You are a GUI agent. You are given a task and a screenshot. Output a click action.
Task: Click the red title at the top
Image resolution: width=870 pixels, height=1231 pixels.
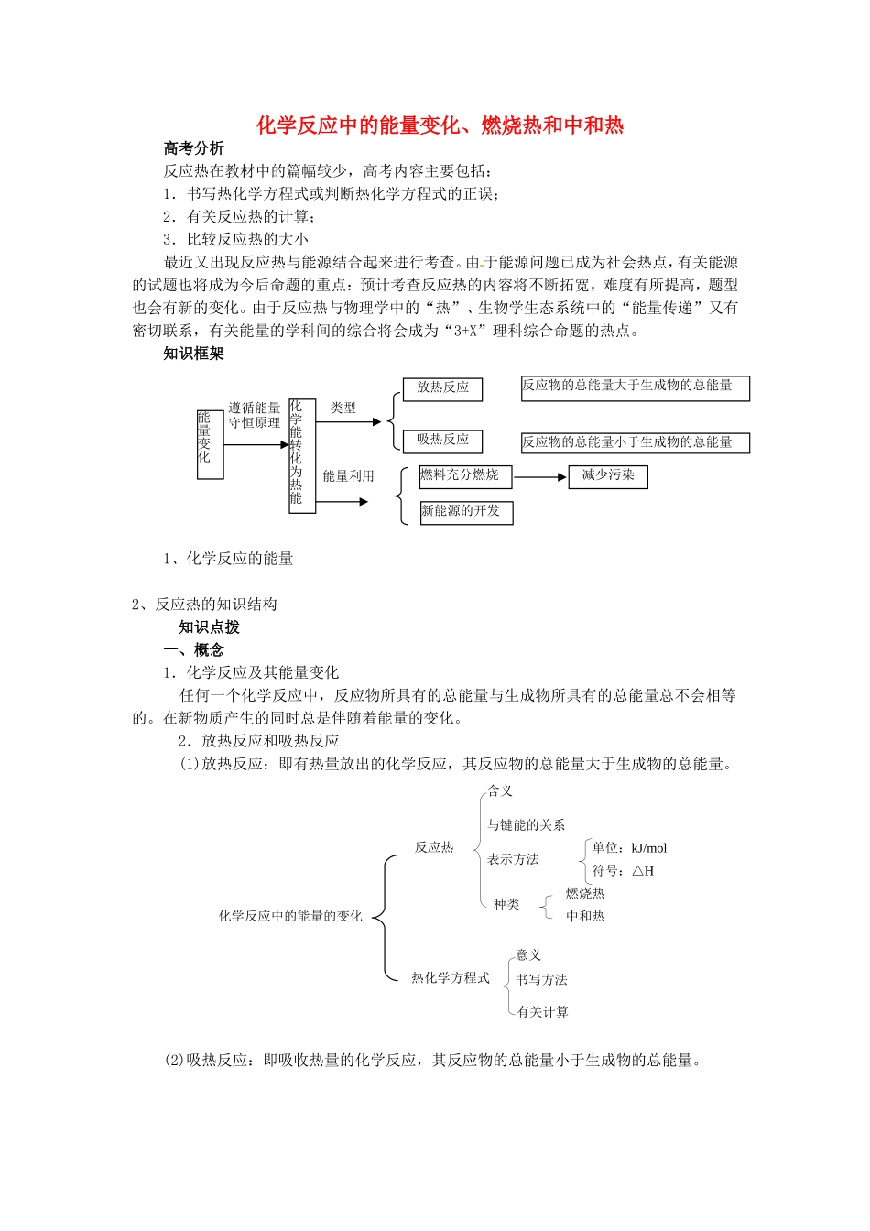[x=440, y=125]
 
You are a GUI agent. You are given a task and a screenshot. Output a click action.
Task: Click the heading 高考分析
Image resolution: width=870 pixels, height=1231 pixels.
[x=193, y=148]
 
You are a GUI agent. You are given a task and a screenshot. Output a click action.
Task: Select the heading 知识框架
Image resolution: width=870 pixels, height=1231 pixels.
[x=193, y=354]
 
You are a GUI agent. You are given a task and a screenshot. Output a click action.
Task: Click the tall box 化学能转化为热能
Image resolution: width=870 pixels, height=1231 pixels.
[x=301, y=455]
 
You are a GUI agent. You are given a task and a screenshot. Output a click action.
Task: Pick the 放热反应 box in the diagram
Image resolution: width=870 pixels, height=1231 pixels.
[x=442, y=388]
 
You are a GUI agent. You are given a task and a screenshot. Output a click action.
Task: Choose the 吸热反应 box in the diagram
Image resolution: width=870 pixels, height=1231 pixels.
[x=442, y=441]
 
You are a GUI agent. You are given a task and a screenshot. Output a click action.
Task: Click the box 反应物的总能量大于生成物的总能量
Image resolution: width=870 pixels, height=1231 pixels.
[x=635, y=387]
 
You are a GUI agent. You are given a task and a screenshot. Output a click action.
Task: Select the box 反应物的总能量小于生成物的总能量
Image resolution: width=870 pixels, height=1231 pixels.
[x=635, y=443]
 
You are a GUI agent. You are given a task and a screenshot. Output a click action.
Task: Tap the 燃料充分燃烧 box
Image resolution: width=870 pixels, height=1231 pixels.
[x=465, y=476]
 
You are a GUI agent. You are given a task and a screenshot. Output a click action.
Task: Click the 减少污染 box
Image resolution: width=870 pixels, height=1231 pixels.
[x=608, y=476]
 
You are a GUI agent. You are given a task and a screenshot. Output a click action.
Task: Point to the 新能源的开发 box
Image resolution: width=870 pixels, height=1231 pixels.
[x=465, y=512]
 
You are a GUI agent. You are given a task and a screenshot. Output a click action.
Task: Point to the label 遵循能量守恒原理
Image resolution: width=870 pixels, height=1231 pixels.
[x=255, y=415]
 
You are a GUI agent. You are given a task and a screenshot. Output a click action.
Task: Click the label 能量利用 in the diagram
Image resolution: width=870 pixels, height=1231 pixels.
[x=348, y=476]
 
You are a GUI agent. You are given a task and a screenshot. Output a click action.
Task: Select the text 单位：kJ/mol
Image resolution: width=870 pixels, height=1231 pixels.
[x=629, y=848]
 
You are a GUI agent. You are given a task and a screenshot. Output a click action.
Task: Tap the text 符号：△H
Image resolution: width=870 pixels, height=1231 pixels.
[x=623, y=871]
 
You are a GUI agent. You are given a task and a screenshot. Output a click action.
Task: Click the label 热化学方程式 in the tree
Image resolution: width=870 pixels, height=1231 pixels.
[x=451, y=978]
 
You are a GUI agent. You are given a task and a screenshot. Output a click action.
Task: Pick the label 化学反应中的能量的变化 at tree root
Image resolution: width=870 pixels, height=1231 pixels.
[x=290, y=916]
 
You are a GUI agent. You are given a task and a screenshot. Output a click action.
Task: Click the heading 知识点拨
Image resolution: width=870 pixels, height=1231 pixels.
[x=209, y=627]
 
